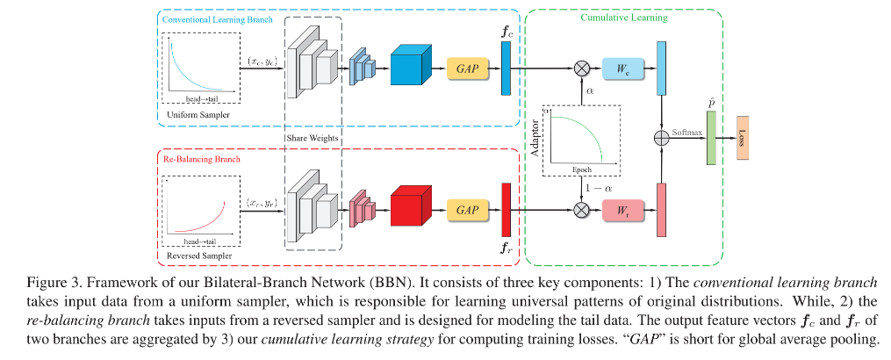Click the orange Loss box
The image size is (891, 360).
743,138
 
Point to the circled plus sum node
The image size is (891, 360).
662,138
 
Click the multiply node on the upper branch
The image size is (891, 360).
581,68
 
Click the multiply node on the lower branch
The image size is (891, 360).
581,210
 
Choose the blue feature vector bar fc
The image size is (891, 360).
506,68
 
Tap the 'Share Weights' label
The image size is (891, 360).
313,137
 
